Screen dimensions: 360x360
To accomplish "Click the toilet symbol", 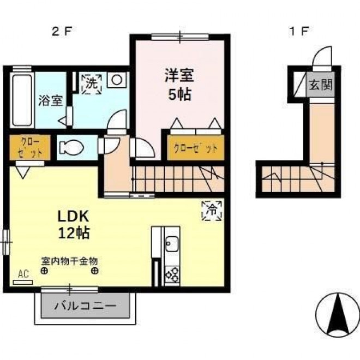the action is (x=71, y=147).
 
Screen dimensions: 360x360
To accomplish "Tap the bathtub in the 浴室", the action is (x=22, y=100).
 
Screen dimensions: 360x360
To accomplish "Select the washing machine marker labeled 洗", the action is (x=92, y=84).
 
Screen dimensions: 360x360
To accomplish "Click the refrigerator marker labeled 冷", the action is (x=212, y=211).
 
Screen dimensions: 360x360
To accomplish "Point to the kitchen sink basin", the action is (x=172, y=244).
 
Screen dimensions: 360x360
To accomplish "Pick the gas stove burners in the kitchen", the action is (x=172, y=274).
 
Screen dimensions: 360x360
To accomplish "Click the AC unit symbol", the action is (x=23, y=282).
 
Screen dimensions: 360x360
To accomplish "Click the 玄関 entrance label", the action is (x=321, y=85).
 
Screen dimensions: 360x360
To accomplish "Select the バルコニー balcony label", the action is (x=85, y=305).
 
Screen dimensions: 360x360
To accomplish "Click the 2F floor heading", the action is (x=61, y=32).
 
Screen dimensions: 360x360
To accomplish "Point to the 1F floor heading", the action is (x=298, y=32).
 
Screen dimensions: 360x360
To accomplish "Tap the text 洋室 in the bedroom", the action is (x=179, y=75).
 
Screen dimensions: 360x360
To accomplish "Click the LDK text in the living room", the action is (x=73, y=217).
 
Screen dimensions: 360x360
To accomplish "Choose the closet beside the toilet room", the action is (x=30, y=147).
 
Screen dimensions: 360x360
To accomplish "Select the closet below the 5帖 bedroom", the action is (x=196, y=147).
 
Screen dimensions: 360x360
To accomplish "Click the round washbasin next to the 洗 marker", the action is (x=117, y=80).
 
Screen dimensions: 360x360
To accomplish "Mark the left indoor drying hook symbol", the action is (x=44, y=271).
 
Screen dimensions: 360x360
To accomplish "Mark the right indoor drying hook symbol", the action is (x=94, y=271).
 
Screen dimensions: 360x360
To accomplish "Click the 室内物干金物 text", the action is (x=69, y=261).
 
